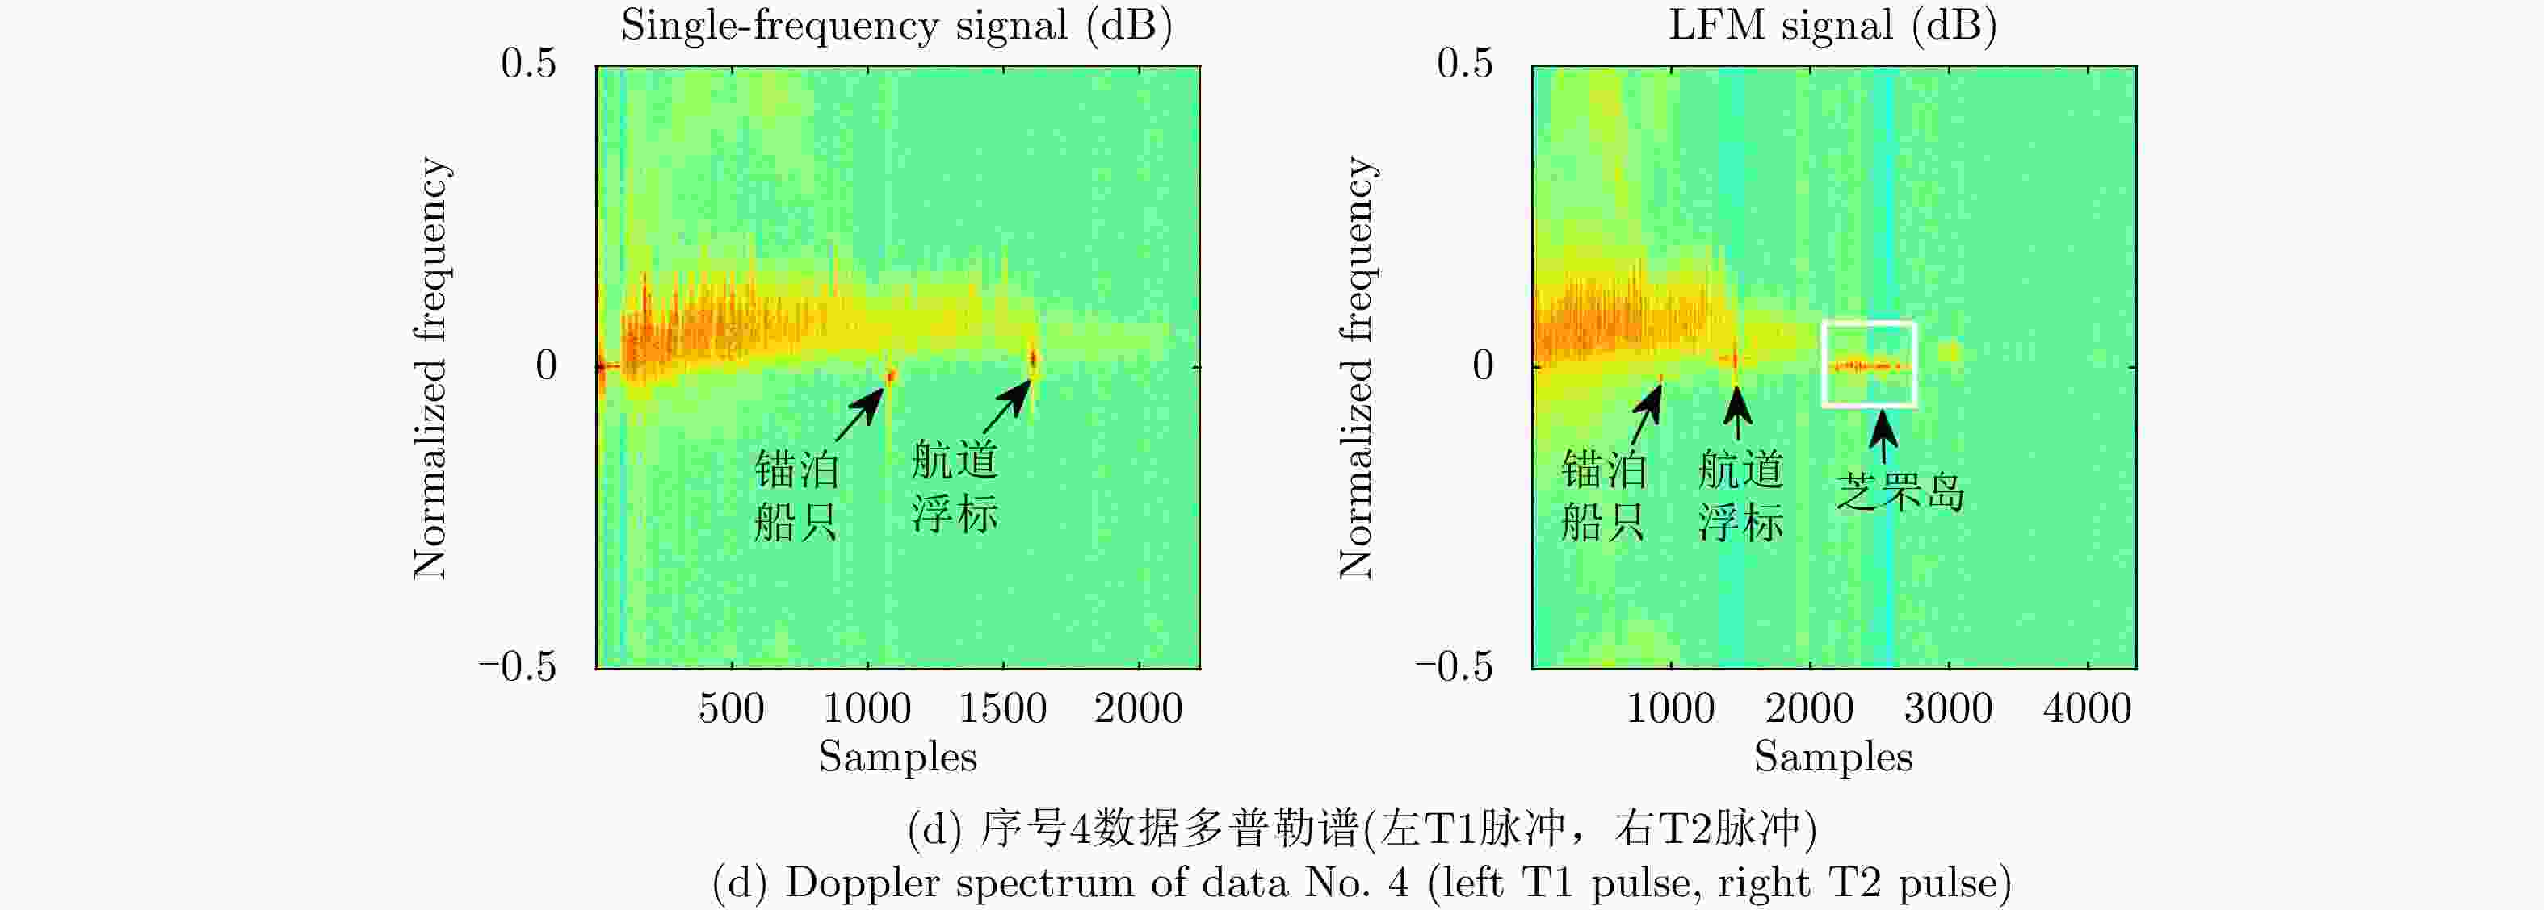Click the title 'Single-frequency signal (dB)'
(896, 26)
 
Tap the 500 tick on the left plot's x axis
(731, 708)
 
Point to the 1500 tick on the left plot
(1002, 708)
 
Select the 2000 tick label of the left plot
(1138, 708)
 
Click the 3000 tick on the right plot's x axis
(1947, 708)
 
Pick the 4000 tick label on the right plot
(2087, 708)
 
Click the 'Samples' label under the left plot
(896, 757)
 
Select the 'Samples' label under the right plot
(1833, 757)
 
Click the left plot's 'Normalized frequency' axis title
(430, 367)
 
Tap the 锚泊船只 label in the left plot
(796, 495)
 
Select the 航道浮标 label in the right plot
(1740, 495)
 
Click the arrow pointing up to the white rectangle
(1883, 436)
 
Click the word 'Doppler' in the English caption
(846, 883)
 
